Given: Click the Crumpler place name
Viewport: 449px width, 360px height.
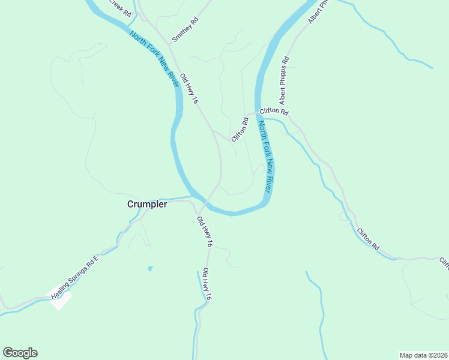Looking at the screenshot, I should pos(147,204).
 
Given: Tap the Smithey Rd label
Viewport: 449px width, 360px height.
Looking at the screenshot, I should pos(185,29).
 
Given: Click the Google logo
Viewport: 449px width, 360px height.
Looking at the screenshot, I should pos(20,353).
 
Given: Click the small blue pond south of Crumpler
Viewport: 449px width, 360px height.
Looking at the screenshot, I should pos(150,268).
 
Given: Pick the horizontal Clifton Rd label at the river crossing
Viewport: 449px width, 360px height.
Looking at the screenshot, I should pos(274,112).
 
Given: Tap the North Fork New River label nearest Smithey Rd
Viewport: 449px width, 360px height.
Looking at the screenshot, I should pos(154,59).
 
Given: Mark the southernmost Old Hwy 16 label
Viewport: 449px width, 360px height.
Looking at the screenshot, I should pos(206,284).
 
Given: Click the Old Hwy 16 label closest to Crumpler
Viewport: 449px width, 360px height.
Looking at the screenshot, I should pos(205,232).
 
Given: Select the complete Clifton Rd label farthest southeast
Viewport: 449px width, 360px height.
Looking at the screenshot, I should pos(368,239).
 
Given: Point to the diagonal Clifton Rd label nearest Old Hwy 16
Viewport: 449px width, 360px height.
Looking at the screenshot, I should pos(240,129).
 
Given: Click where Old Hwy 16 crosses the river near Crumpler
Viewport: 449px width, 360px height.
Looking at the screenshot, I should pos(203,201).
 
